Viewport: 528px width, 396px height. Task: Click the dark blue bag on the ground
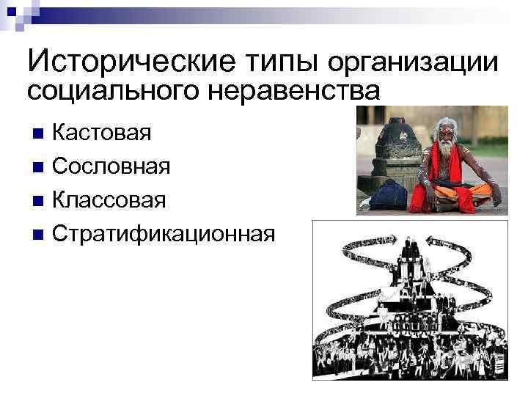[393, 196]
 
